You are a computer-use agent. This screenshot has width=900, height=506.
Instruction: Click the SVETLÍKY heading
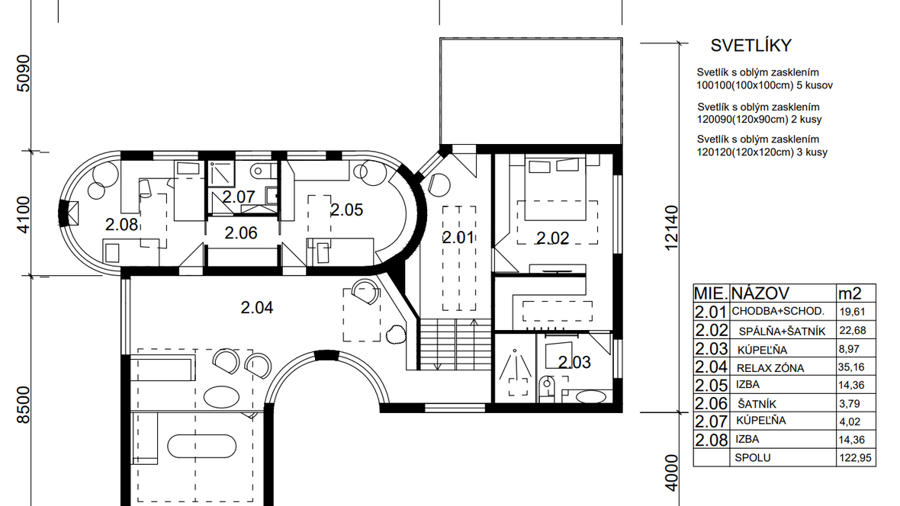coord(751,45)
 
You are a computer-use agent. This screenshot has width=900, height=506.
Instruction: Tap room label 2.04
coord(256,308)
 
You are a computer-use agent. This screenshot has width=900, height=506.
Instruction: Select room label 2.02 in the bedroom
coord(553,238)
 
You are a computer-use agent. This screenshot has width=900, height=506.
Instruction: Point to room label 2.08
coord(122,224)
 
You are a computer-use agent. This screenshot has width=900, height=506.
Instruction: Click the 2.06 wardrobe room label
coord(241,233)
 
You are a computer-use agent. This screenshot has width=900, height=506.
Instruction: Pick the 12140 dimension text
coord(671,228)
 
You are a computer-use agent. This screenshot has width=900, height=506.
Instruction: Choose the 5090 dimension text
coord(24,73)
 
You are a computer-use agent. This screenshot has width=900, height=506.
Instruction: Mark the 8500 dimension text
coord(24,405)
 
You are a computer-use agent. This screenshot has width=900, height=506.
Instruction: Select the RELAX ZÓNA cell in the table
coord(770,368)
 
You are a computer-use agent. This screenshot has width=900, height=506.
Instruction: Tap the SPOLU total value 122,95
coord(855,458)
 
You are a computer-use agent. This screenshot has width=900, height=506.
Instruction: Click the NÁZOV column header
coord(760,293)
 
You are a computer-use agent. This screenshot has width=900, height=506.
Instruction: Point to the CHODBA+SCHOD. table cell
coord(778,312)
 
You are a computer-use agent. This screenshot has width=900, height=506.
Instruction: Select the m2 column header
coord(850,293)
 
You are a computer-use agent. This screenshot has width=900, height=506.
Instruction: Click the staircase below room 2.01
coord(456,344)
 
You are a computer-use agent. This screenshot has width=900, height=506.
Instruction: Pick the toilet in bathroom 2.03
coord(547,388)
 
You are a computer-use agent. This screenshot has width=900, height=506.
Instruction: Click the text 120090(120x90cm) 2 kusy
coord(760,120)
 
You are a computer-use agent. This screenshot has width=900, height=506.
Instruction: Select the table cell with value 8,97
coord(849,349)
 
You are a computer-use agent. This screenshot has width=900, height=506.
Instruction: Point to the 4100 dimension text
coord(24,215)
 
